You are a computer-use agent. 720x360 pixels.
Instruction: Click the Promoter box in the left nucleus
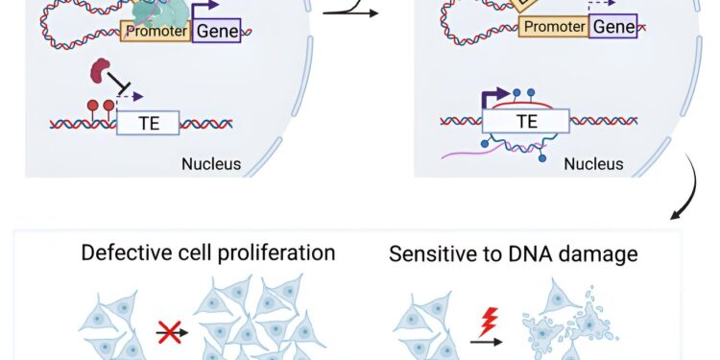[x=155, y=33]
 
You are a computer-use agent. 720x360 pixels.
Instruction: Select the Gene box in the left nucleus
[x=217, y=33]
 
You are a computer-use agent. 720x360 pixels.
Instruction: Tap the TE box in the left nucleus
[x=148, y=122]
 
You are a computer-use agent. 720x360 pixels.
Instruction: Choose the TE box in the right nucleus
[x=526, y=121]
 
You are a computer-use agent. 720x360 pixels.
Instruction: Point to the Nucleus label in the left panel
[x=211, y=164]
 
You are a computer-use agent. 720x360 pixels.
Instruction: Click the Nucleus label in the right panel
[x=592, y=164]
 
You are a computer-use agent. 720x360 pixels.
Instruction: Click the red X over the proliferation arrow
[x=169, y=334]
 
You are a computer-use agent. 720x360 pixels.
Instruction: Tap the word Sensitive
[x=428, y=255]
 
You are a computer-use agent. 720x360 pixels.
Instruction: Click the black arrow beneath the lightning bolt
[x=487, y=341]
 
